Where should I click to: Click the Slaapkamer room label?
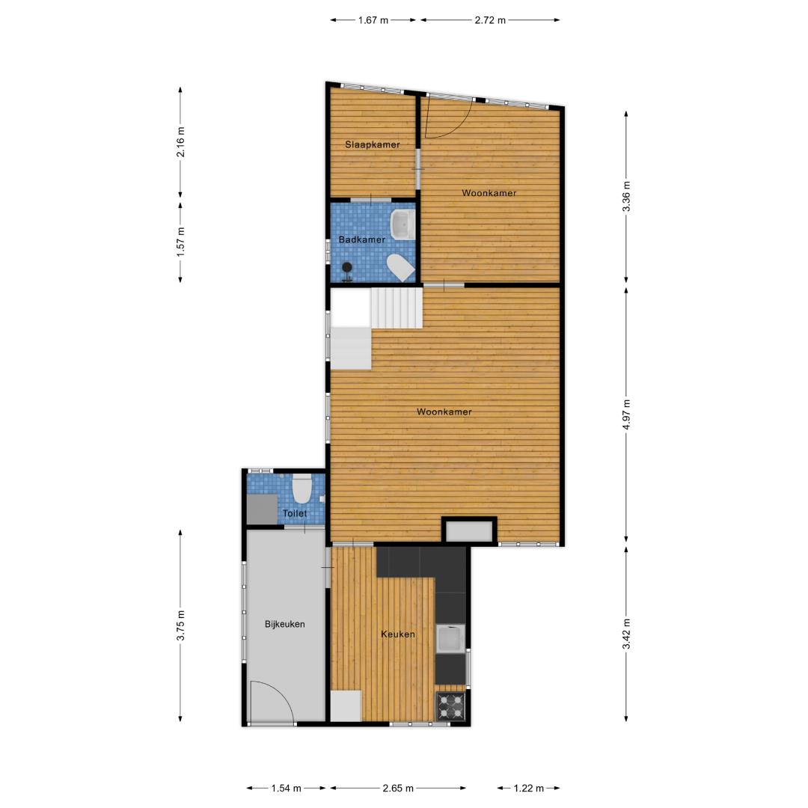(x=373, y=145)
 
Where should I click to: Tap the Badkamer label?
(x=362, y=239)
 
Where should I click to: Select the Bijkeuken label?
(x=285, y=624)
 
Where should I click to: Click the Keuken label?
(x=398, y=634)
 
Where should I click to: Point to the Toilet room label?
(x=295, y=513)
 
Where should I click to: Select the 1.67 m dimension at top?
(x=373, y=21)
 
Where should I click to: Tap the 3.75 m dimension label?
(x=180, y=625)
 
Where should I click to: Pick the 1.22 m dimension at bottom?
(x=529, y=788)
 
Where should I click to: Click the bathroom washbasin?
(x=403, y=224)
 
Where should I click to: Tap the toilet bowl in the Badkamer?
(x=401, y=268)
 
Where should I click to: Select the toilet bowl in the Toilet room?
(x=302, y=489)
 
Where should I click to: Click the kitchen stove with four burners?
(x=451, y=706)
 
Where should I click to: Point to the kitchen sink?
(x=451, y=639)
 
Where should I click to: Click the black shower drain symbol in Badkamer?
(x=347, y=267)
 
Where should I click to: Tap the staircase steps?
(x=397, y=308)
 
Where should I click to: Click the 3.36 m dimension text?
(x=626, y=196)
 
